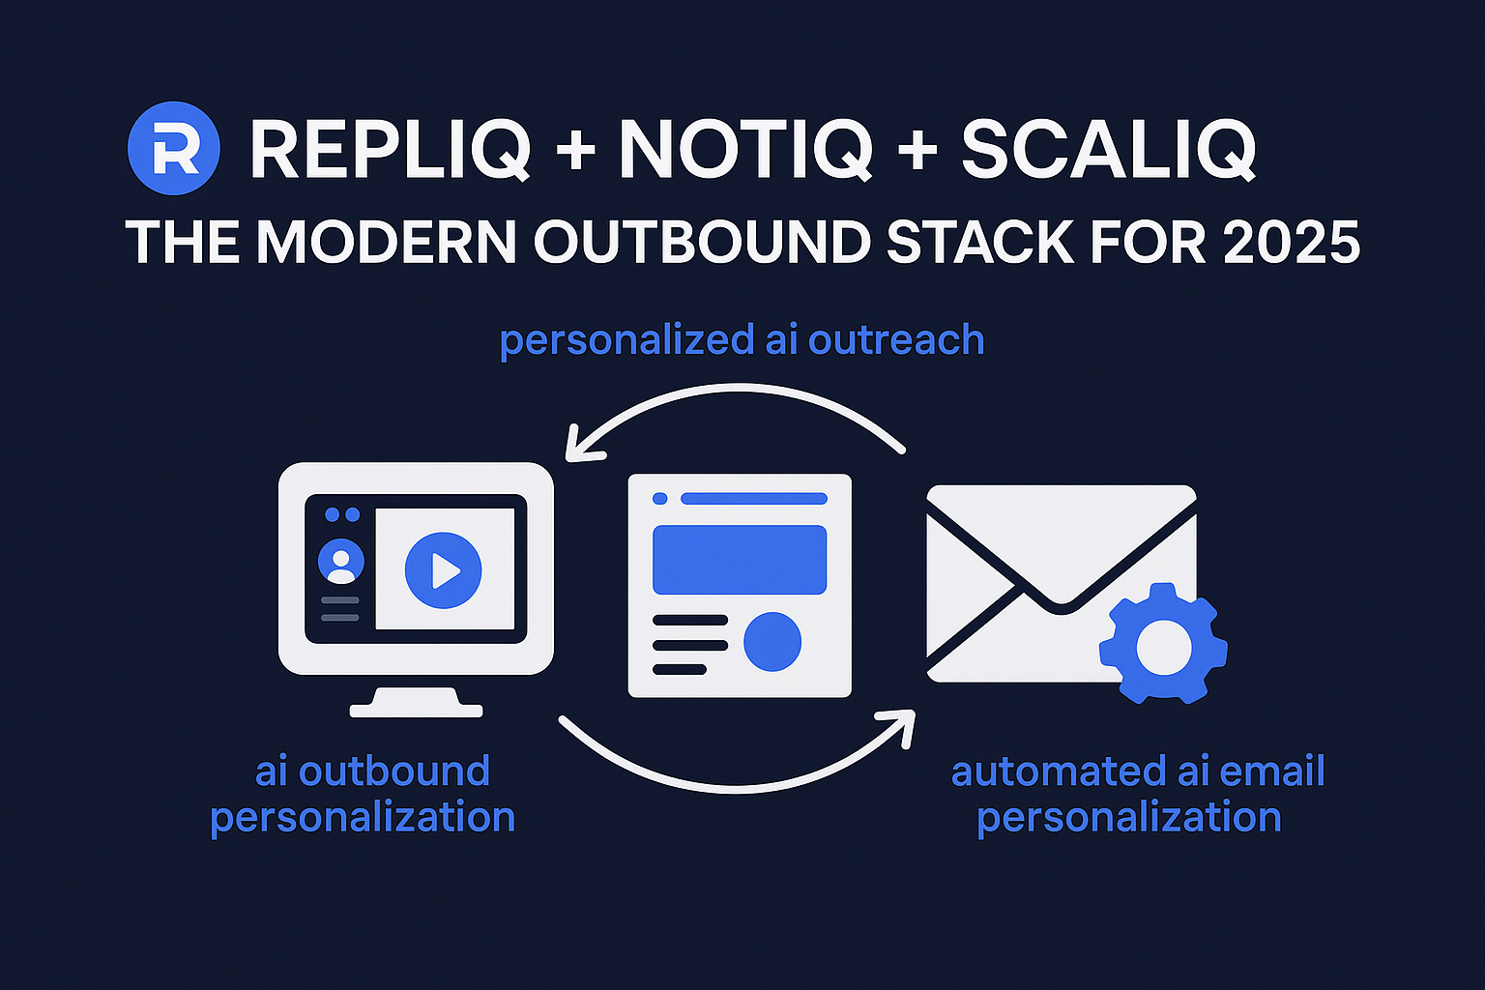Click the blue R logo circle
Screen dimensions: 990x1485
174,149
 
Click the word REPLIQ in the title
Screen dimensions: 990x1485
391,150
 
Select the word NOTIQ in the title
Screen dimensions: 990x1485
745,150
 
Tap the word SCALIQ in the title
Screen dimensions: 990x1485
1108,150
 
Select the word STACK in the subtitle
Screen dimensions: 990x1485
980,242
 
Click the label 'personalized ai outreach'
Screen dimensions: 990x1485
742,340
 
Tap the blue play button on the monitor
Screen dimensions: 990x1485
443,569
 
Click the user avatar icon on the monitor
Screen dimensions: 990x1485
341,562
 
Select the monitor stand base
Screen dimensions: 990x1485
416,709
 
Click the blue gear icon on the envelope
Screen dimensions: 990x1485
1163,643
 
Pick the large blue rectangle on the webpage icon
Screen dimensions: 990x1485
740,560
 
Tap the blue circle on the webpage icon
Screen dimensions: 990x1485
772,641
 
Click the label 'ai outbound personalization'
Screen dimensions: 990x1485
364,794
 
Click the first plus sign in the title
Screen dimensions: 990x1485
576,150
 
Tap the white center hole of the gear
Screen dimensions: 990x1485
1163,645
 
